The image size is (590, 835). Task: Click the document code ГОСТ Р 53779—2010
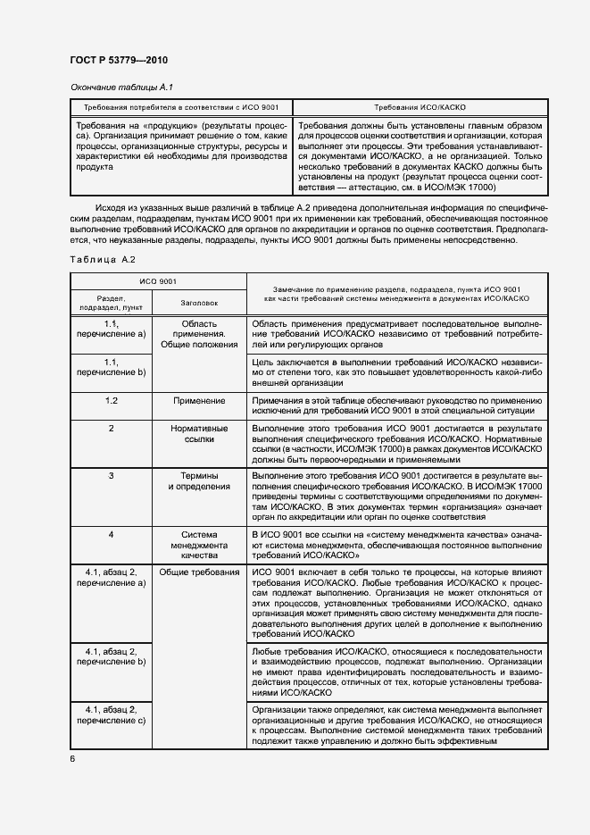point(119,60)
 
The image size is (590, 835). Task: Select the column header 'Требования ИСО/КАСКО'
point(420,105)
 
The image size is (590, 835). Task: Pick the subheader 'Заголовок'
point(199,303)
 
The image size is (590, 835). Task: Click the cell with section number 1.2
point(112,401)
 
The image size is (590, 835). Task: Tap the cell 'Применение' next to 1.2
point(199,401)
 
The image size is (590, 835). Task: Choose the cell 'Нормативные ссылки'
point(199,434)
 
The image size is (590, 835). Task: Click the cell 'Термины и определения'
point(199,481)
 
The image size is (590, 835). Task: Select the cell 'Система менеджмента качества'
point(199,545)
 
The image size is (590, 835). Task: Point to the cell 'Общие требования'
point(199,572)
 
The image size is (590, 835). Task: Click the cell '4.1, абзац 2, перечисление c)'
point(112,715)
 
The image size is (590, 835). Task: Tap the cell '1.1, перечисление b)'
point(112,367)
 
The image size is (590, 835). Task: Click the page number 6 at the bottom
point(72,758)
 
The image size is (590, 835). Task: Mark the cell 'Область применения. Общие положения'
point(199,333)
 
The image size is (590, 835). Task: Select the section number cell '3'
point(112,475)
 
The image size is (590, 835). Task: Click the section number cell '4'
point(112,534)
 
